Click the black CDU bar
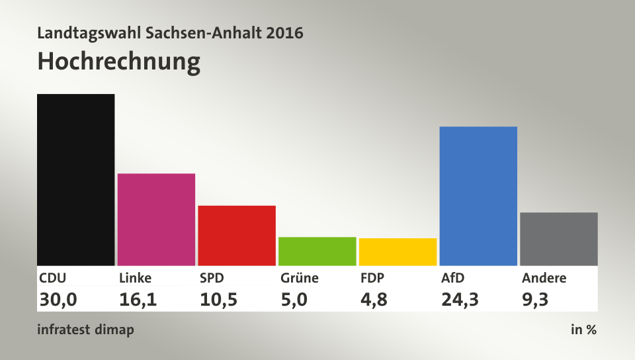pos(76,179)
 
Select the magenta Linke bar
pos(156,219)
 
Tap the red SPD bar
pos(237,235)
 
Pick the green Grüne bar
pos(317,251)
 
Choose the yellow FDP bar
pos(398,251)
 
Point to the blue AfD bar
pos(478,196)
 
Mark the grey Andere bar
pos(559,239)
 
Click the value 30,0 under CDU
pos(58,300)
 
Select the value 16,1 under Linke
pos(138,300)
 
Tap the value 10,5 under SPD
pos(218,300)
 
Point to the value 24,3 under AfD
pos(460,300)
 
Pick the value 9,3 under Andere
pos(534,300)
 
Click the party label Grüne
pos(299,278)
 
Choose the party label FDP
pos(372,278)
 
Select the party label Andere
pos(544,278)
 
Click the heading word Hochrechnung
pos(119,62)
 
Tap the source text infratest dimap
pos(86,330)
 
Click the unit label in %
pos(583,330)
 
